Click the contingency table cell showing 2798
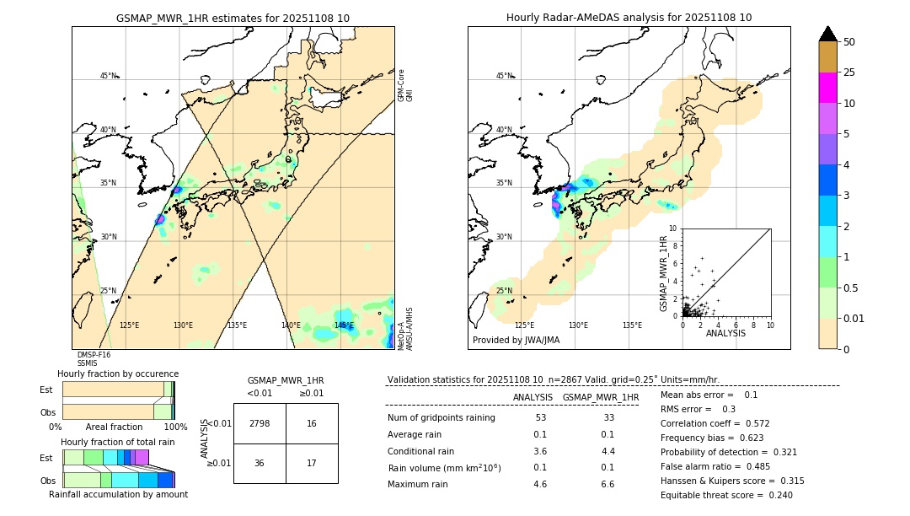(x=260, y=423)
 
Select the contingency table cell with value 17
(x=312, y=463)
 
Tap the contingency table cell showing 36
(x=260, y=463)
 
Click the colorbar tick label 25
(x=849, y=73)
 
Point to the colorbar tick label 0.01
(x=854, y=318)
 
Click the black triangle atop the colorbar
(x=828, y=34)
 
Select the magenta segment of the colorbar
(x=828, y=88)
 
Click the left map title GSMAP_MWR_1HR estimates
(x=233, y=18)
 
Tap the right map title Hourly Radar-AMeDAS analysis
(x=629, y=18)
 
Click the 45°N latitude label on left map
(x=109, y=76)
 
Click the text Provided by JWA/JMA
(x=516, y=341)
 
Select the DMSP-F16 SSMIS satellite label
(x=88, y=359)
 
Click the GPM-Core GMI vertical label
(x=405, y=85)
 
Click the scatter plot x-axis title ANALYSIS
(x=725, y=333)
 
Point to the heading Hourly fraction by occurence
(x=118, y=374)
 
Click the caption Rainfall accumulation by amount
(x=118, y=494)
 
